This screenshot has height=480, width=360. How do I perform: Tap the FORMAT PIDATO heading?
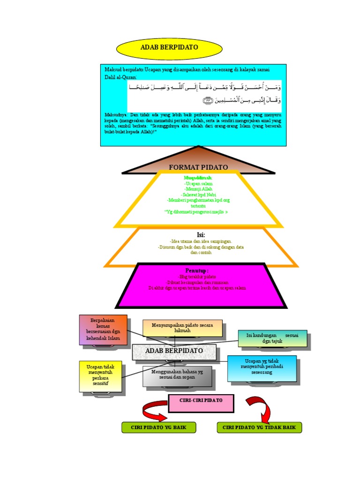point(198,167)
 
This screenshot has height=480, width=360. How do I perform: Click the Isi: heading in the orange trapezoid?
point(201,234)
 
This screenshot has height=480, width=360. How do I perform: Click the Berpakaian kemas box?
point(103,330)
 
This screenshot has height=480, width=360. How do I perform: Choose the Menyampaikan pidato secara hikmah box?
point(182,328)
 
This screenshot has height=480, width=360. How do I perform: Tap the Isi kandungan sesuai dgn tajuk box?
point(273,338)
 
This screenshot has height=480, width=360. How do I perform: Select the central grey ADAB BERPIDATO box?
point(174,351)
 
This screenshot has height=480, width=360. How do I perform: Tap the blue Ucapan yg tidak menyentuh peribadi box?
point(262,368)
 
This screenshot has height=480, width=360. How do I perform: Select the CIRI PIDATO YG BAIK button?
point(158,427)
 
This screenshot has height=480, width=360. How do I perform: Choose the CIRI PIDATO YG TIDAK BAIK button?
point(259,427)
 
